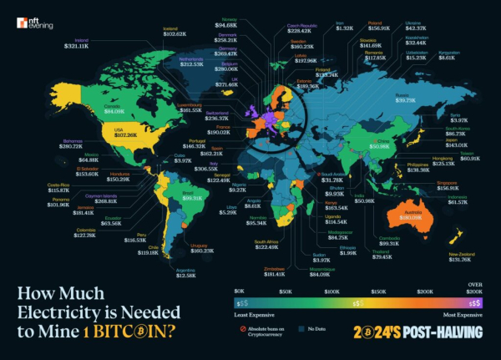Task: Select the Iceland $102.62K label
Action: click(x=175, y=32)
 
